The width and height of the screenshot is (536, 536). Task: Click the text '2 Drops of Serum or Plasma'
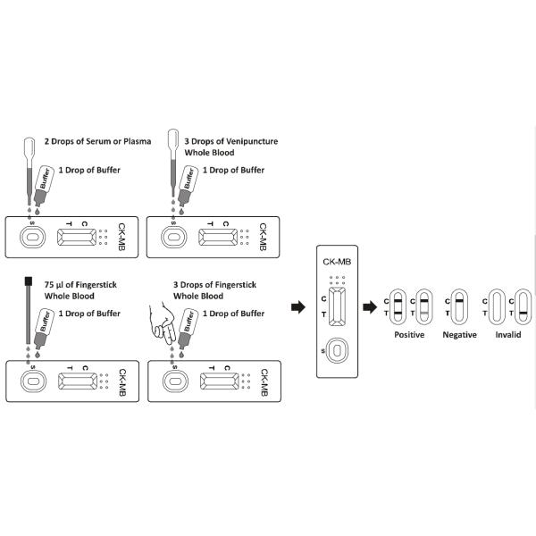pos(97,142)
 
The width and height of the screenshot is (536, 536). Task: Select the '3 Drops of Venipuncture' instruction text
pos(222,142)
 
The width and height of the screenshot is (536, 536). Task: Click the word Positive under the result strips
pos(409,334)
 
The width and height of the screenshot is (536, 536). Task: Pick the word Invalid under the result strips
pos(507,334)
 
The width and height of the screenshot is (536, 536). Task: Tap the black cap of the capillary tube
pos(29,283)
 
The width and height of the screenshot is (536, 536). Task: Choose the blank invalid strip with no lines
pos(494,306)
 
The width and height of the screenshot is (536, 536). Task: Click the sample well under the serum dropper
pos(30,238)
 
